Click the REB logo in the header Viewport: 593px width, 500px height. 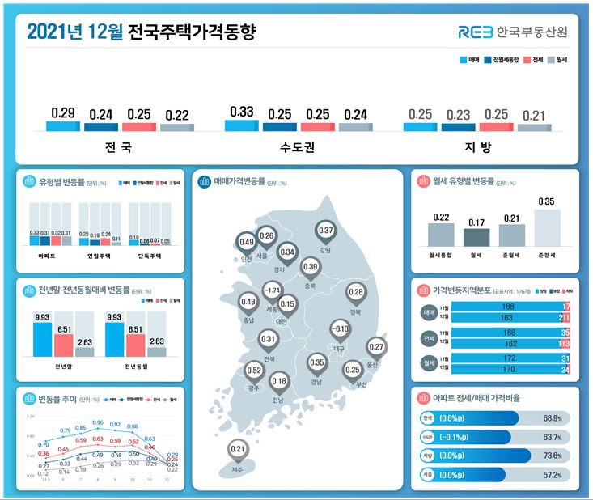click(x=482, y=32)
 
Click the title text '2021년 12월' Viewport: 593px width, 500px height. click(x=74, y=32)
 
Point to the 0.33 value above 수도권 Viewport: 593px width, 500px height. click(x=241, y=112)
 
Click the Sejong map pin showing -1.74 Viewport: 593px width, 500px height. click(x=273, y=290)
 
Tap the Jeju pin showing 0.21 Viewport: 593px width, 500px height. click(x=237, y=450)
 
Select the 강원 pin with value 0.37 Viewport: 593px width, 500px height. click(x=324, y=231)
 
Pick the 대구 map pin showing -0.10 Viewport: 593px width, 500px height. click(x=341, y=329)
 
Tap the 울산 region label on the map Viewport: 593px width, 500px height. click(x=372, y=364)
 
